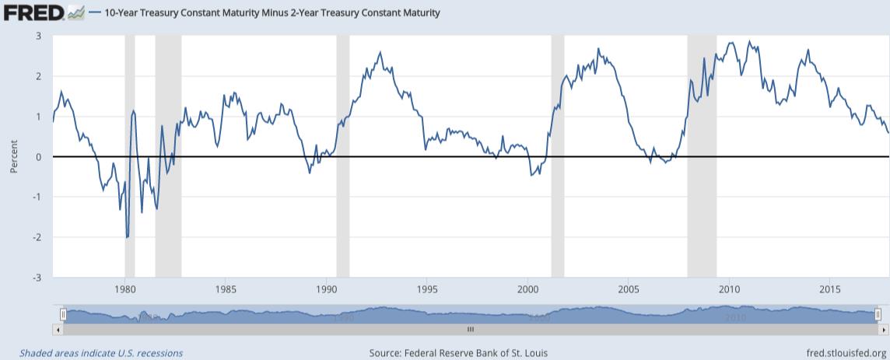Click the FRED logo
tap(37, 12)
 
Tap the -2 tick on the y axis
tap(37, 237)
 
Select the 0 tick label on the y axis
tap(39, 157)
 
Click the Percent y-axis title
tap(14, 157)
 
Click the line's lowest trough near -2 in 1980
tap(127, 237)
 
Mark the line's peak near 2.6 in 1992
tap(380, 53)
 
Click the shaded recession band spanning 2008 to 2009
tap(702, 156)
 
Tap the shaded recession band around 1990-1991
tap(342, 156)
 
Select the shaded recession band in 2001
tap(557, 156)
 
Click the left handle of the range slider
tap(64, 314)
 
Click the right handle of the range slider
tap(877, 314)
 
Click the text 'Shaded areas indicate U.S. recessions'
tap(101, 353)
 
